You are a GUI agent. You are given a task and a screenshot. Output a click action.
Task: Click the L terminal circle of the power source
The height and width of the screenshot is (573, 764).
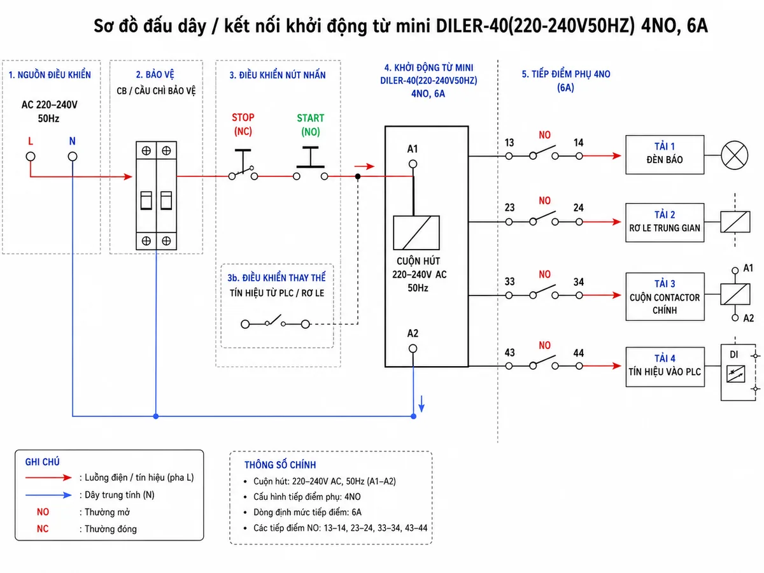coord(31,157)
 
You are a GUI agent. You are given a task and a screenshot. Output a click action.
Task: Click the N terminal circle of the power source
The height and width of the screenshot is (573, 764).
coord(73,157)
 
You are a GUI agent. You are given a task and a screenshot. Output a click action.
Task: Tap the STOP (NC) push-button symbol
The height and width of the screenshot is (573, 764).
coord(243,164)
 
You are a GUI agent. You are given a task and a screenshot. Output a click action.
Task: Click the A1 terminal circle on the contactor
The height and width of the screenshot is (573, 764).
coord(413,164)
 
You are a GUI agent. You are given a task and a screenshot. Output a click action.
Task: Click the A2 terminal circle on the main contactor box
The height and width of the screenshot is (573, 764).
coord(413,348)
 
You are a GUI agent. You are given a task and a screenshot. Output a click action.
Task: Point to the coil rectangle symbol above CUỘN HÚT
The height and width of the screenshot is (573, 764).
coord(416,233)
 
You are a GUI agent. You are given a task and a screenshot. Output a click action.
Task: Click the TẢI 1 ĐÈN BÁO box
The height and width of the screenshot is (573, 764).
coord(665,155)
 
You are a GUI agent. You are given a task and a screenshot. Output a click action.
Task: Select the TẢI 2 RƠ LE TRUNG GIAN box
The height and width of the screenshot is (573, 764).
coord(665,223)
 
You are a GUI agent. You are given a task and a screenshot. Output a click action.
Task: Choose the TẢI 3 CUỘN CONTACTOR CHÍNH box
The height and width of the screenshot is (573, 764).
coord(665,297)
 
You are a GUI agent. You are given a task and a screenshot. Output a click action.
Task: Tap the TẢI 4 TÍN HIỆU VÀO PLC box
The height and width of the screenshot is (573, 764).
coord(665,367)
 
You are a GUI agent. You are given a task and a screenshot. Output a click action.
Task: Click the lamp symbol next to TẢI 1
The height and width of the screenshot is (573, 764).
coord(735,155)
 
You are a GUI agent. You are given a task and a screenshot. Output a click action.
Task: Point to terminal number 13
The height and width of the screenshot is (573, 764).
coord(509,143)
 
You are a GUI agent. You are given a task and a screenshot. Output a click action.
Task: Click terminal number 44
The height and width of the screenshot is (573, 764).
coord(579,353)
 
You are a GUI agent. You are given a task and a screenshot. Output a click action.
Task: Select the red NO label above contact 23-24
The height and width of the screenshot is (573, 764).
coord(545,201)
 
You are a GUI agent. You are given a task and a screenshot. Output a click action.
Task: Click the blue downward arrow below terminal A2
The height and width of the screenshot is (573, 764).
coord(421,404)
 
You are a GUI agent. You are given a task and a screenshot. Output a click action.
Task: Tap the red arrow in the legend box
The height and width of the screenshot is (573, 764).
coord(48,478)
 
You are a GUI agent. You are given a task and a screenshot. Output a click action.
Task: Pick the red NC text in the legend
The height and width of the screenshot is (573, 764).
coord(43,529)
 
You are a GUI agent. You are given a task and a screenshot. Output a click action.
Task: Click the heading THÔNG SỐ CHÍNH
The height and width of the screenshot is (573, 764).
coord(280,465)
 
